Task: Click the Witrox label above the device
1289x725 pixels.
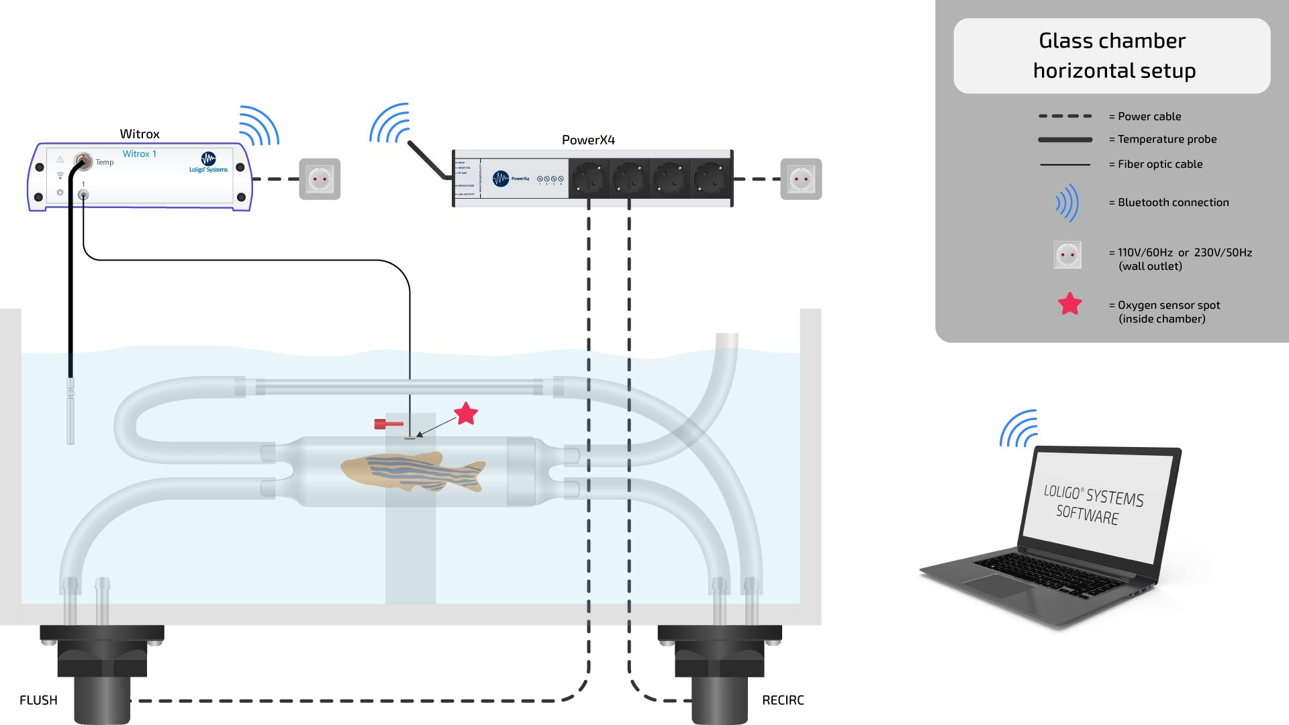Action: (140, 134)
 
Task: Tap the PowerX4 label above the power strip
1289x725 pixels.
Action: (588, 140)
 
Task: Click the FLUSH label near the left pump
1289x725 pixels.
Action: (38, 700)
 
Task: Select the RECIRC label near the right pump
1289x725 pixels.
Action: (783, 700)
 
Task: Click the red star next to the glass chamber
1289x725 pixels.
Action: (466, 414)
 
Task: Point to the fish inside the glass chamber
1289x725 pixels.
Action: (413, 471)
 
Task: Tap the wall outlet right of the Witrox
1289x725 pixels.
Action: (320, 179)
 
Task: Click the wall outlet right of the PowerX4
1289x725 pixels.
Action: (801, 179)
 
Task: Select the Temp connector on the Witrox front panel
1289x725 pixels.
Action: (83, 160)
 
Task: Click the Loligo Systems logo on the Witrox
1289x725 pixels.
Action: (208, 162)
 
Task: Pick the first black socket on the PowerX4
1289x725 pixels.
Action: (589, 179)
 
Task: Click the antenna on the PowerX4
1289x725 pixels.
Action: (428, 160)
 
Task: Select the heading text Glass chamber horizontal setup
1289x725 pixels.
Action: (1112, 56)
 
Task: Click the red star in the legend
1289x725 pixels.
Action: (1069, 304)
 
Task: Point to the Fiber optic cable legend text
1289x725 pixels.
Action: (1159, 164)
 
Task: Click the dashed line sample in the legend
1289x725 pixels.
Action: (1065, 116)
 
